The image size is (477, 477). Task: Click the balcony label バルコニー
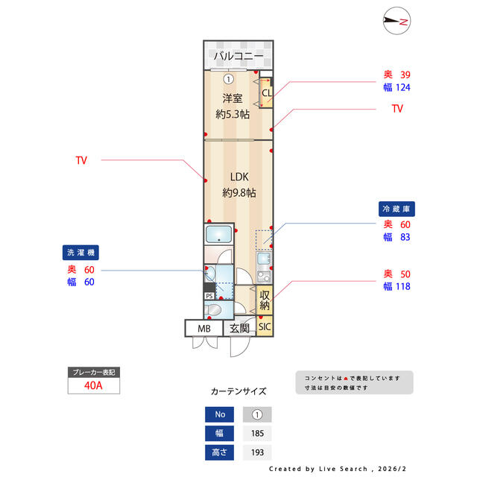tap(238, 57)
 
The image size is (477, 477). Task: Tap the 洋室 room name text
tap(232, 98)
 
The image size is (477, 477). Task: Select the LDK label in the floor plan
tap(238, 177)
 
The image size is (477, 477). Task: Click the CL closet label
tap(266, 92)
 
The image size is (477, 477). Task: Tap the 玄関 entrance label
tap(238, 328)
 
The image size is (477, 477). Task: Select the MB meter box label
tap(203, 328)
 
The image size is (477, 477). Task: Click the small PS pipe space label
tap(209, 295)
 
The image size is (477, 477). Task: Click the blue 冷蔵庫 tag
tap(397, 209)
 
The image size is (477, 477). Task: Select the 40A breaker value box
tap(94, 386)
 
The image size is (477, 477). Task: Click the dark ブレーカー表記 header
tap(94, 372)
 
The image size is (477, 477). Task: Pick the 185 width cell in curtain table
tap(257, 433)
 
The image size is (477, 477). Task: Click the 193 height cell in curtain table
tap(257, 452)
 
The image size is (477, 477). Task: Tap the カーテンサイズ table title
tap(238, 391)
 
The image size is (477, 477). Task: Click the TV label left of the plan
tap(81, 160)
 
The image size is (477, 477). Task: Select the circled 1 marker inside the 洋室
tap(228, 78)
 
